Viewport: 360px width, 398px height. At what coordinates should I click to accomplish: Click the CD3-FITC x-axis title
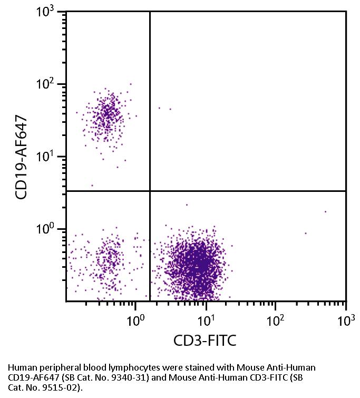pyautogui.click(x=205, y=341)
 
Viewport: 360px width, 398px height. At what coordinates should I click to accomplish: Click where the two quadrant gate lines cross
pyautogui.click(x=150, y=191)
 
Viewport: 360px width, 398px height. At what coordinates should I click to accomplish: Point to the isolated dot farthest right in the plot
pyautogui.click(x=325, y=211)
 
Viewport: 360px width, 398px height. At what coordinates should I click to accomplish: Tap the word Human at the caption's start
pyautogui.click(x=21, y=367)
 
